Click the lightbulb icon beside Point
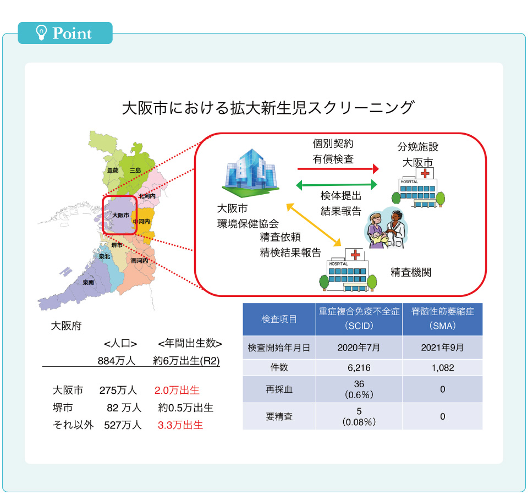pyautogui.click(x=41, y=32)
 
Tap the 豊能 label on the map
pyautogui.click(x=113, y=170)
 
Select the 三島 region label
pyautogui.click(x=135, y=170)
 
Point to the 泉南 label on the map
pyautogui.click(x=88, y=283)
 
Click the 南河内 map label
pyautogui.click(x=139, y=261)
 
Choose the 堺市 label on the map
pyautogui.click(x=117, y=245)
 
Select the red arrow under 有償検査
pyautogui.click(x=338, y=168)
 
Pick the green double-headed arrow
pyautogui.click(x=337, y=185)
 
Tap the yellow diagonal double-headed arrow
pyautogui.click(x=314, y=224)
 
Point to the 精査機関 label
pyautogui.click(x=411, y=272)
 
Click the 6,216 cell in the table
pyautogui.click(x=359, y=368)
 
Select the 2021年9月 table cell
pyautogui.click(x=442, y=348)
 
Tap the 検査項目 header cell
pyautogui.click(x=279, y=319)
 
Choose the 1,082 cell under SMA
pyautogui.click(x=442, y=368)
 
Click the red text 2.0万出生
pyautogui.click(x=177, y=391)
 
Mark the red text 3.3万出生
pyautogui.click(x=180, y=425)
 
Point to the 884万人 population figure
pyautogui.click(x=117, y=361)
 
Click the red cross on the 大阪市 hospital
pyautogui.click(x=425, y=173)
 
